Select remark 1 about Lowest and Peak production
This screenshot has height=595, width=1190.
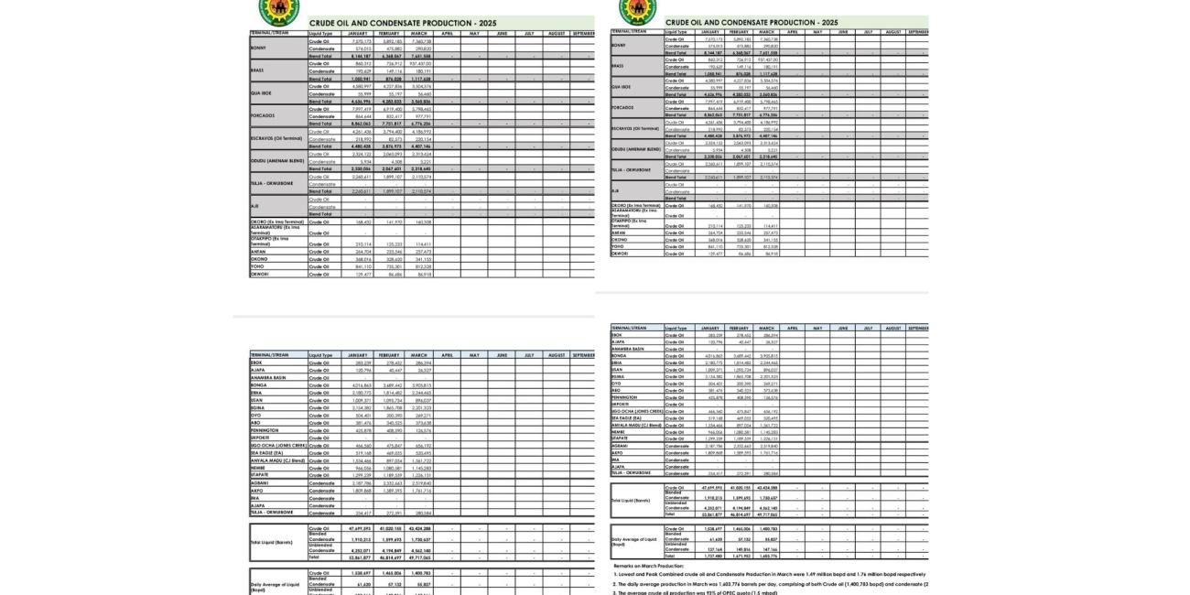click(769, 574)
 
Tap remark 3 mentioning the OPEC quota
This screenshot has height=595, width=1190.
click(695, 592)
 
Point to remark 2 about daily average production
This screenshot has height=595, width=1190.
click(769, 583)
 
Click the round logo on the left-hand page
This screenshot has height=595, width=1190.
click(278, 10)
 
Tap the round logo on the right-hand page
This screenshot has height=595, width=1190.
click(637, 10)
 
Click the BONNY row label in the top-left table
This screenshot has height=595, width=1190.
click(259, 49)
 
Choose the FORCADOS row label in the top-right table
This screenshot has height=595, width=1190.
click(622, 107)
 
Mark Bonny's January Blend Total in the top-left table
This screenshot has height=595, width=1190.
click(357, 56)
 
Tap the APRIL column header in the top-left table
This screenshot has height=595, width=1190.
click(447, 34)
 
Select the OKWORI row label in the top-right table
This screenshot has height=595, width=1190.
click(620, 254)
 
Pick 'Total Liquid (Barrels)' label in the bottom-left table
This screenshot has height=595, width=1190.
click(272, 543)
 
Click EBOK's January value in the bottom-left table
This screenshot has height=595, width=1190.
click(357, 362)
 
